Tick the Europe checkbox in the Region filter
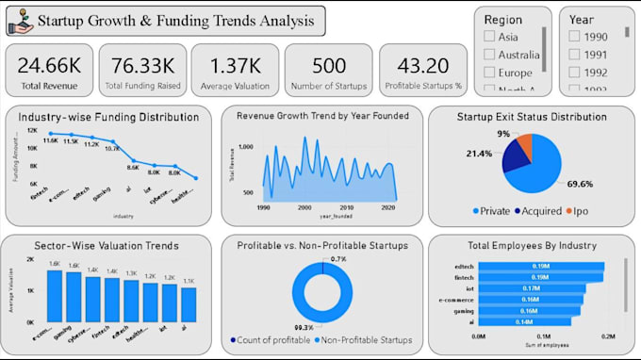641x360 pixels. [489, 72]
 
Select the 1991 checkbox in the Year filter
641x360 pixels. [575, 54]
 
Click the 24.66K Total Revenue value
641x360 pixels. [49, 65]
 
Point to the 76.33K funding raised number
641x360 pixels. [142, 65]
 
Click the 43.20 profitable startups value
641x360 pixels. [421, 65]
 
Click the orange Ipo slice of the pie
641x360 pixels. [525, 146]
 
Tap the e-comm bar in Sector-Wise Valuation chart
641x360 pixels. [54, 297]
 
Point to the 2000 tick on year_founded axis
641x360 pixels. [303, 207]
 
